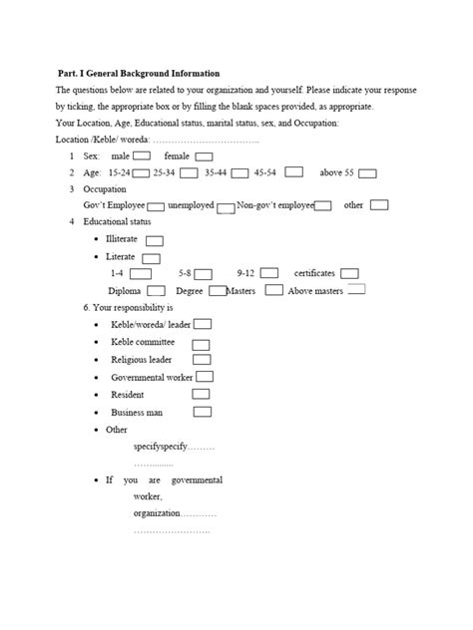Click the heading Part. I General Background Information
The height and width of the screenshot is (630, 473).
tap(139, 73)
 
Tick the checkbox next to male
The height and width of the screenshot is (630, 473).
tap(143, 157)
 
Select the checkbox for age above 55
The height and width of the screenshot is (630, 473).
tap(367, 173)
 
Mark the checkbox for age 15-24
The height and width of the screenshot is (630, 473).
tap(141, 173)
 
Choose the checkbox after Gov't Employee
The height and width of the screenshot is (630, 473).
tap(156, 206)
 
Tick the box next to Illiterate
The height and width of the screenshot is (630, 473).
tap(155, 240)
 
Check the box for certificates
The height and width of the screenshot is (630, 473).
tap(349, 273)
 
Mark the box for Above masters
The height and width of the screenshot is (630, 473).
tap(355, 290)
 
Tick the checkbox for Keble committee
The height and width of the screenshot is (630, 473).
tap(200, 342)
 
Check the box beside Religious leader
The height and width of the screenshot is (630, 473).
tap(201, 359)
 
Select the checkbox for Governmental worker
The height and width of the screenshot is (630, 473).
tap(206, 377)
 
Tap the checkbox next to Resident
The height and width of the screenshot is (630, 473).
tap(201, 395)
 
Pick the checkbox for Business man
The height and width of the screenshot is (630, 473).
tap(201, 412)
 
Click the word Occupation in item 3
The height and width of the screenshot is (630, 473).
tap(104, 188)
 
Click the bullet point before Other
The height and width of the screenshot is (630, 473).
tap(95, 430)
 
